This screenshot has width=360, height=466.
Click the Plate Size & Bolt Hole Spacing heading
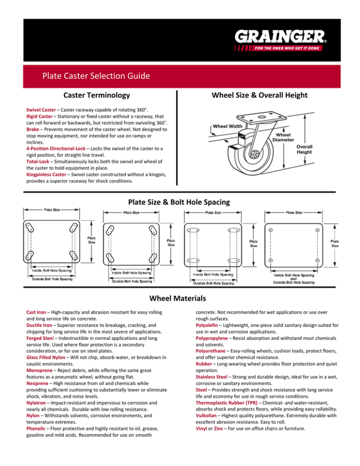180,203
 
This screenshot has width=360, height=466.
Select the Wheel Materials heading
180,298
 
